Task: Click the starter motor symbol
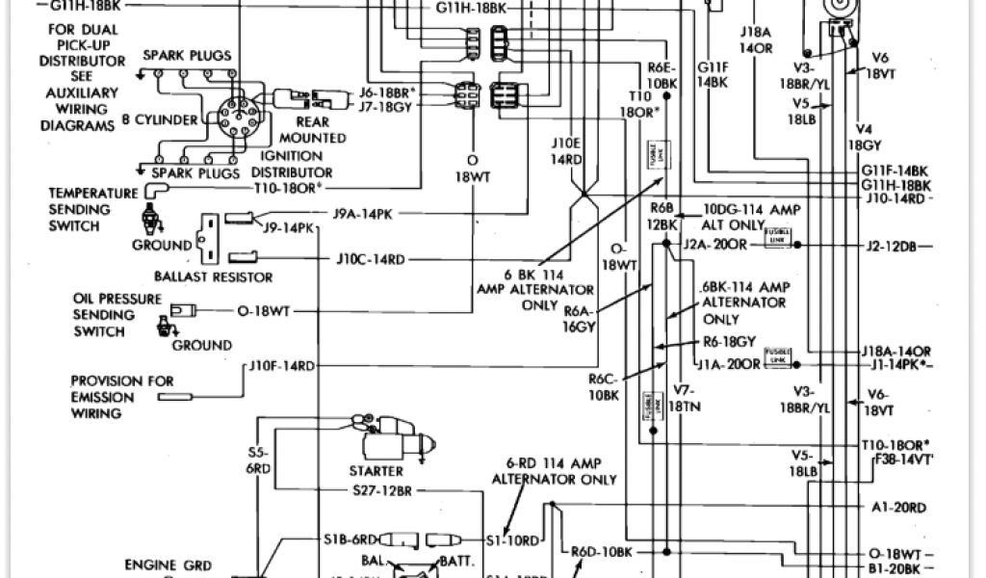point(395,445)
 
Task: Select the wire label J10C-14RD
point(371,258)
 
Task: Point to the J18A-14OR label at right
point(895,353)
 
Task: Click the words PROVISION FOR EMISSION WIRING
point(122,397)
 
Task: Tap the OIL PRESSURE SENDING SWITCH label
point(117,315)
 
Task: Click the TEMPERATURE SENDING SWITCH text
point(93,209)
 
